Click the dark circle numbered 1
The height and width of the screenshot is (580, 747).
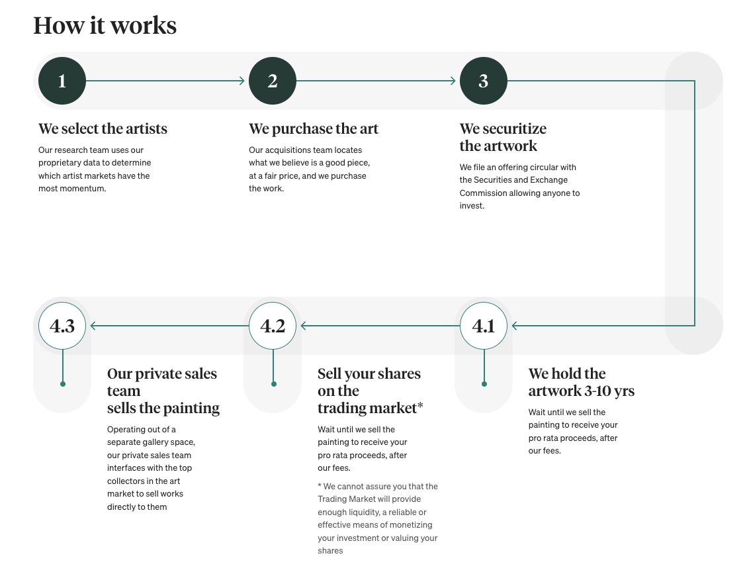pyautogui.click(x=62, y=81)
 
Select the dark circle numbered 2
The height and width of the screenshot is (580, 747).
pyautogui.click(x=273, y=81)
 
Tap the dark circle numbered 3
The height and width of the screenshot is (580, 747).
pyautogui.click(x=484, y=81)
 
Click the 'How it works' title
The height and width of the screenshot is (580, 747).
pyautogui.click(x=105, y=25)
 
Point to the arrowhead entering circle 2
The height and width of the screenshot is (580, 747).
pyautogui.click(x=242, y=81)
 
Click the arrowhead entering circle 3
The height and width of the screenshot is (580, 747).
pyautogui.click(x=453, y=81)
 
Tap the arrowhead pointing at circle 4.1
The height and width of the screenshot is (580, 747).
pyautogui.click(x=515, y=326)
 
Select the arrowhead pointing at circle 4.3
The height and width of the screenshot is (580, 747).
pyautogui.click(x=93, y=326)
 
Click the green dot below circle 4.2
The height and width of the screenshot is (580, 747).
pyautogui.click(x=273, y=383)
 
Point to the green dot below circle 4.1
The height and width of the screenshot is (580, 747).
pyautogui.click(x=484, y=383)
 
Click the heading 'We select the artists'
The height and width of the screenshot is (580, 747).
pyautogui.click(x=103, y=128)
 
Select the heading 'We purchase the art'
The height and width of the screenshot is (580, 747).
pyautogui.click(x=314, y=128)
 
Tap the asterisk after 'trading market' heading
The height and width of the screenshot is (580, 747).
pyautogui.click(x=420, y=406)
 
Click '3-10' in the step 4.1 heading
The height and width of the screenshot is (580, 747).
pyautogui.click(x=599, y=391)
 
